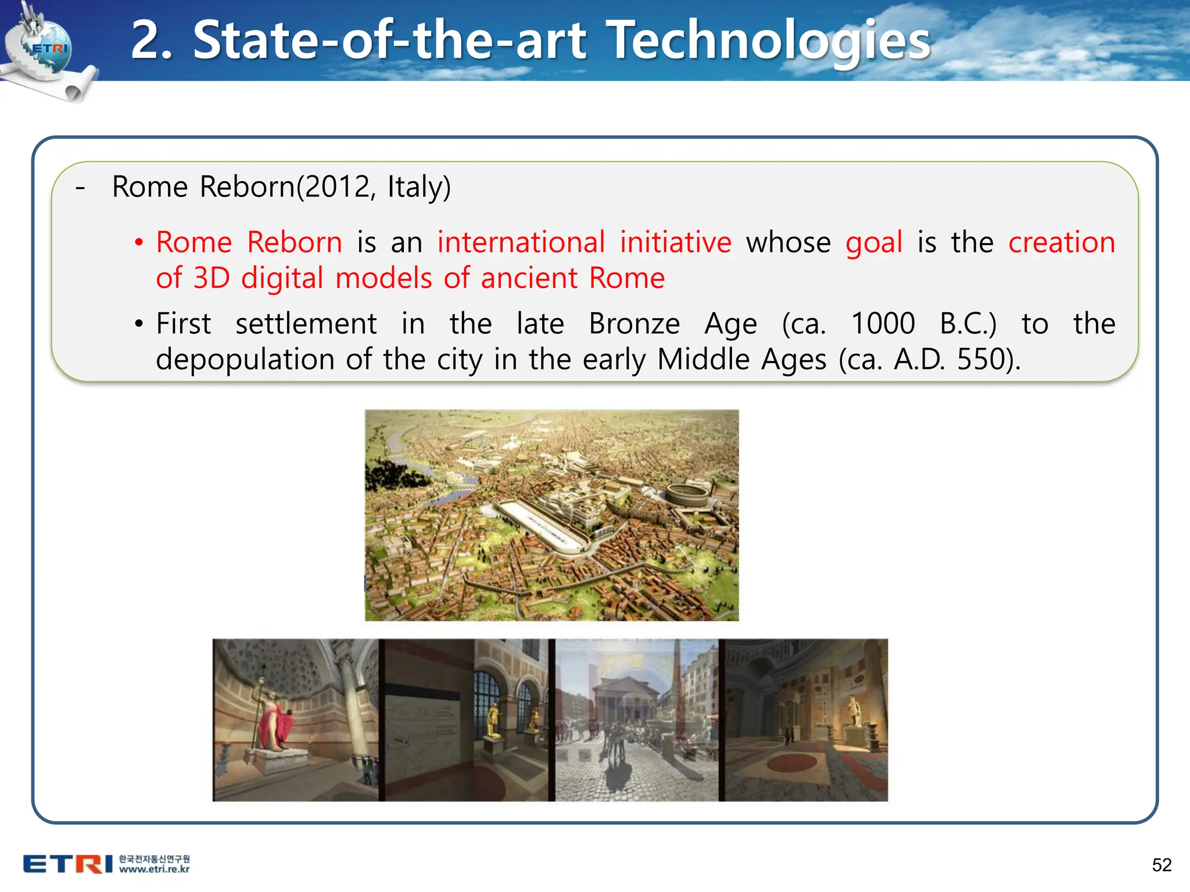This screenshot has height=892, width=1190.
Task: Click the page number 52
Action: (1162, 865)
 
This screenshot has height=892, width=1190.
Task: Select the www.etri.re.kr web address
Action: (154, 870)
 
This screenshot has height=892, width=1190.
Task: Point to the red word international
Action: (521, 242)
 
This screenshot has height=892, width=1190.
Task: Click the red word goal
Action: (873, 243)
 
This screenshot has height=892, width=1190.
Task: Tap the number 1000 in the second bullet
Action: (883, 323)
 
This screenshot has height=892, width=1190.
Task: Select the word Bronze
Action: (634, 323)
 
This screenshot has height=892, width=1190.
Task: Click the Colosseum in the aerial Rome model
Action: (686, 494)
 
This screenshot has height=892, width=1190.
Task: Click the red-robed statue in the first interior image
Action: (273, 723)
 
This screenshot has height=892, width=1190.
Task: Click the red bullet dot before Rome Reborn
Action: (139, 243)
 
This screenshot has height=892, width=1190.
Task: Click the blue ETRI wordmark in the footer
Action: (67, 864)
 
